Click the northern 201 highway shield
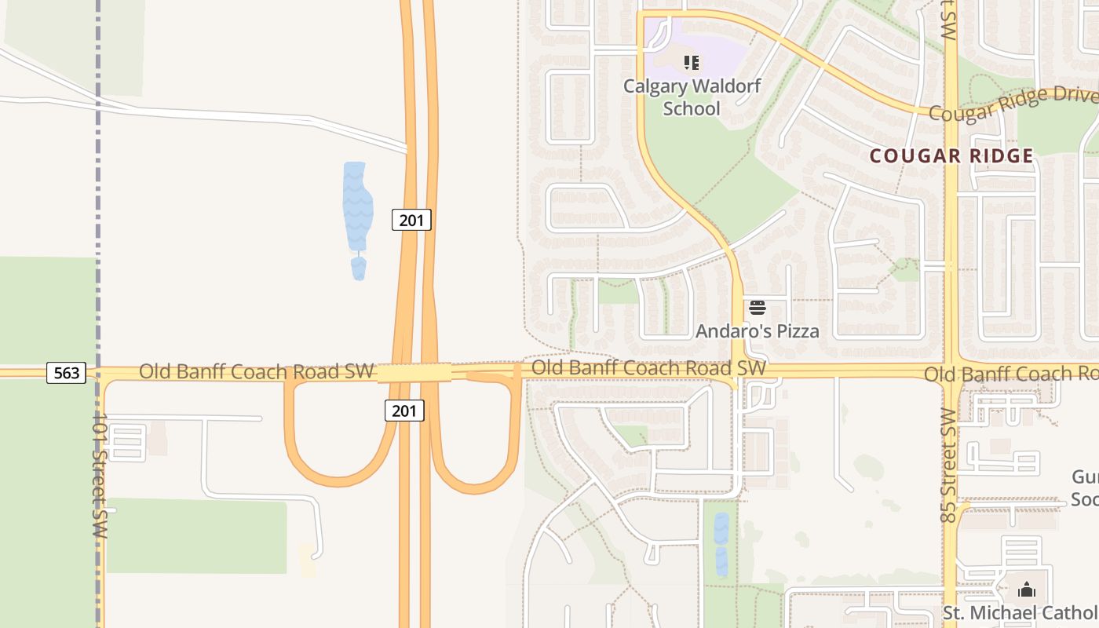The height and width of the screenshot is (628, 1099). [x=411, y=220]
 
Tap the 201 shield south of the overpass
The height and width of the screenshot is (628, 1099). [x=404, y=410]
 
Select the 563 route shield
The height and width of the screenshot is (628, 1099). [x=66, y=373]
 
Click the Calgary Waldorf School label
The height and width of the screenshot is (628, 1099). [x=692, y=97]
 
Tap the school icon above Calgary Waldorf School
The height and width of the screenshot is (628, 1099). [x=691, y=62]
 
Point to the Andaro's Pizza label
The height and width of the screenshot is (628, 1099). [x=757, y=331]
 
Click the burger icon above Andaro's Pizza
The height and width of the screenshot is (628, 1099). [x=757, y=307]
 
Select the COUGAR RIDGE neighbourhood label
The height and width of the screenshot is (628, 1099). [x=951, y=155]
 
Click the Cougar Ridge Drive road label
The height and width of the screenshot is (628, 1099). [x=1013, y=104]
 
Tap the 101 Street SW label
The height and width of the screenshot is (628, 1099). [x=99, y=475]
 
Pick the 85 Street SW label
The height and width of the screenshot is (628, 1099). [x=947, y=466]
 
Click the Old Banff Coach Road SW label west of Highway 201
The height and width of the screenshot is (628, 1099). [x=256, y=371]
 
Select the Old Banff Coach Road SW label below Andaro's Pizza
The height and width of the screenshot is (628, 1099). [x=648, y=367]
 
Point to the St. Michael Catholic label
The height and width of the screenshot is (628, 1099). [x=1020, y=613]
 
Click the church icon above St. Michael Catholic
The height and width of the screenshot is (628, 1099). [x=1026, y=589]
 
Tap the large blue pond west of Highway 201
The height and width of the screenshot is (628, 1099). [x=357, y=204]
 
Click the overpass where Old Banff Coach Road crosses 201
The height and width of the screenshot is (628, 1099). [x=414, y=373]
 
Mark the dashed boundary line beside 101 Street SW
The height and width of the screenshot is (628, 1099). [x=98, y=196]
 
